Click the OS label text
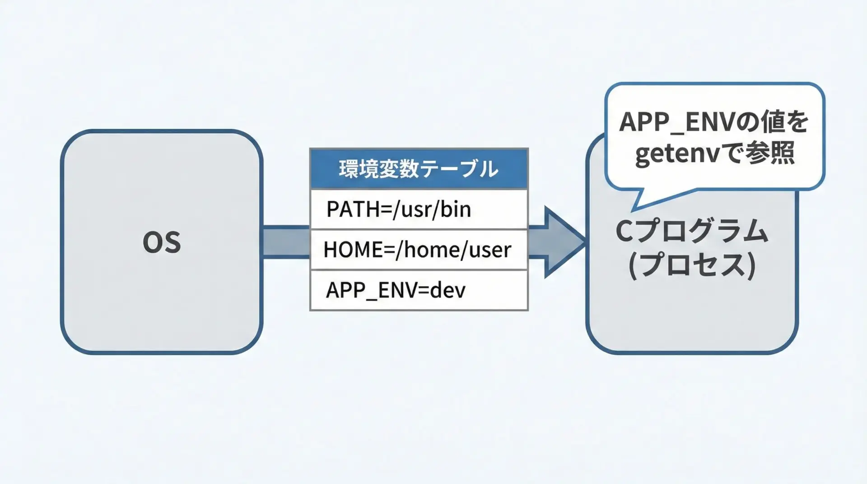point(162,242)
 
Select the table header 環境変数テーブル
point(419,169)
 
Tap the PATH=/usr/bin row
point(419,209)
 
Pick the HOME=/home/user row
point(419,250)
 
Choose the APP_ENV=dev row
point(419,290)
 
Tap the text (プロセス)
point(692,265)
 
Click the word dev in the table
point(447,290)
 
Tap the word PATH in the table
point(347,209)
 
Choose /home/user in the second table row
point(453,250)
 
